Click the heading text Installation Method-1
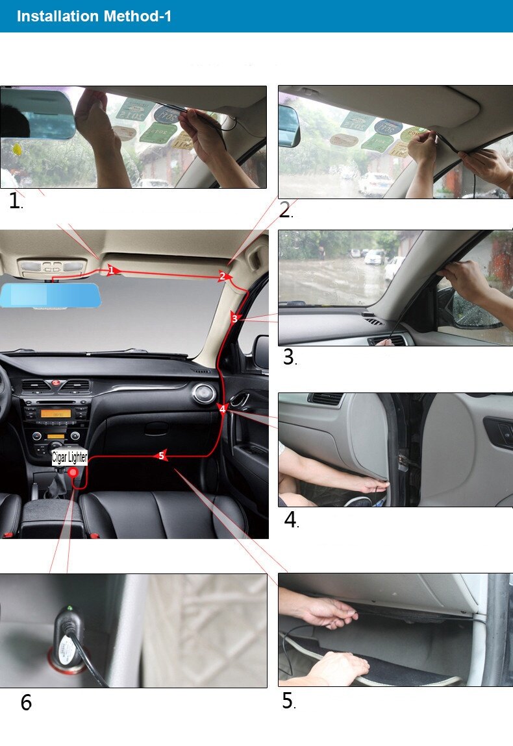click(x=94, y=16)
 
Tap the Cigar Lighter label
click(x=69, y=458)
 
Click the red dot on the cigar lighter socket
click(x=73, y=472)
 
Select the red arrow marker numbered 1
click(x=112, y=271)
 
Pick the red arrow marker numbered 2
click(x=223, y=276)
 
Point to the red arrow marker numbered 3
click(x=235, y=319)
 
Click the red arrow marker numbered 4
click(x=223, y=409)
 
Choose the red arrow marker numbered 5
click(x=161, y=456)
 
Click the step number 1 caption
click(x=15, y=201)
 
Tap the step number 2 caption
click(x=286, y=210)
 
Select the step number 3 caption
click(x=290, y=357)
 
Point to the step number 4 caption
click(x=291, y=520)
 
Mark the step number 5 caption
click(x=289, y=701)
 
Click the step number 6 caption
click(x=26, y=703)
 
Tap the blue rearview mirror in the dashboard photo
click(x=50, y=295)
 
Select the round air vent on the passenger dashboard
click(x=203, y=394)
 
